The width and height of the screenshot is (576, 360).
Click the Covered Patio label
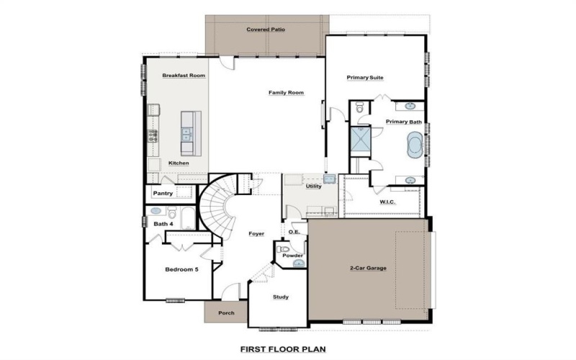[266, 30]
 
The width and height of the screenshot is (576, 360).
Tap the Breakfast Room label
[184, 75]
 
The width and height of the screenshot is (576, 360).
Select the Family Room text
[286, 92]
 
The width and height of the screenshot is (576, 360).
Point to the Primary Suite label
[364, 77]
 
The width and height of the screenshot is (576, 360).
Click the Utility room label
[313, 186]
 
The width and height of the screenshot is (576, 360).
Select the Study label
[280, 297]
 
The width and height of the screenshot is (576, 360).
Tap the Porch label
[226, 312]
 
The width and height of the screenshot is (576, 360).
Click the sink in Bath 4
[156, 212]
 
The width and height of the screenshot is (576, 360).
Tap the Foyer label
[256, 233]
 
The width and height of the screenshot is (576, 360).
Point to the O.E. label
[294, 232]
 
